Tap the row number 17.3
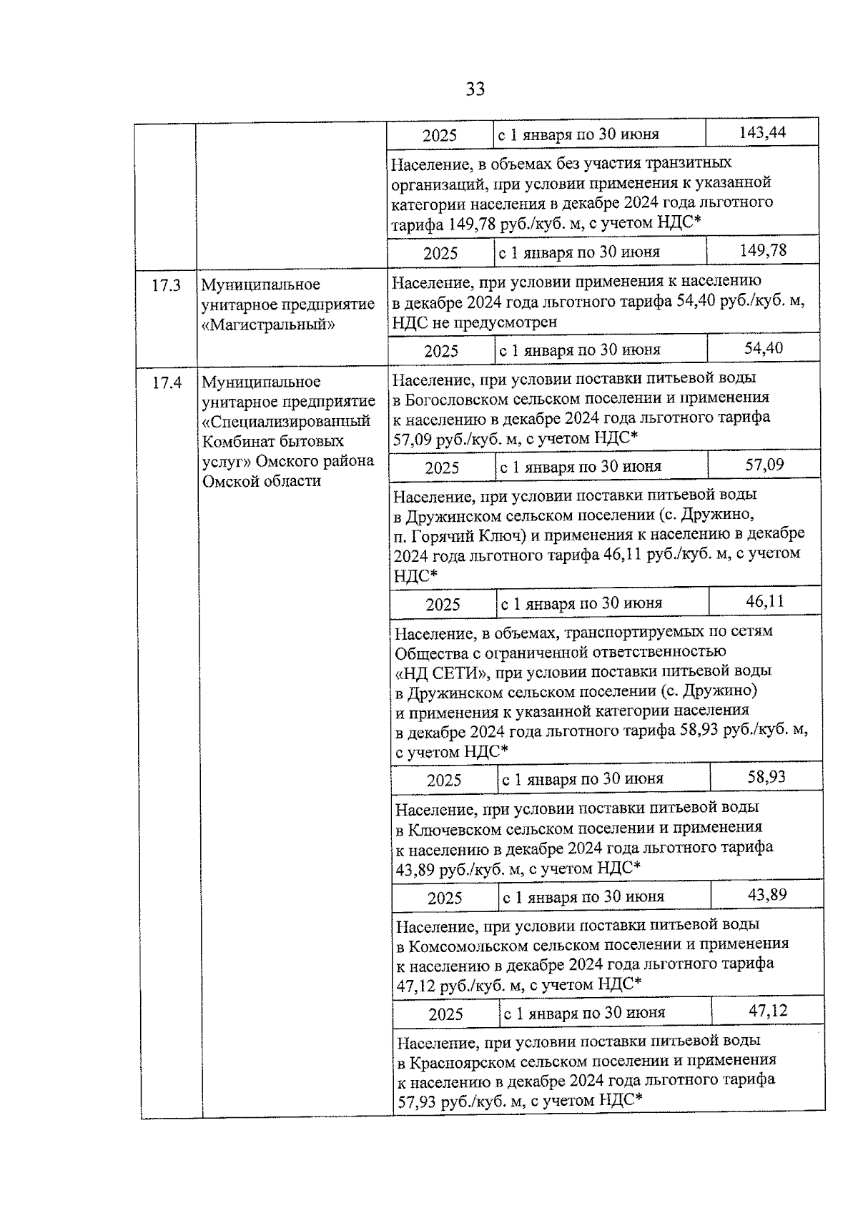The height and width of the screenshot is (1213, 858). pos(167,286)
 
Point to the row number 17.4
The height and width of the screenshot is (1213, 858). pos(167,383)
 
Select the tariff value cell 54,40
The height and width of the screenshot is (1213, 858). pos(764,348)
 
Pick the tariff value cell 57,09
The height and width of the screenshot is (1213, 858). pos(764,465)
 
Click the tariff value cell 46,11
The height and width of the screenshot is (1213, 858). pos(765,601)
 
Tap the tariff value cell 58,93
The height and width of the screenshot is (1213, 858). pos(766,777)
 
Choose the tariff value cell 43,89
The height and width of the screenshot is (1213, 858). pos(767,894)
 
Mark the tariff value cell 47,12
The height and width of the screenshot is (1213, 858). pos(768,1011)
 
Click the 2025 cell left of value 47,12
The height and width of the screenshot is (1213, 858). pos(445,1014)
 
